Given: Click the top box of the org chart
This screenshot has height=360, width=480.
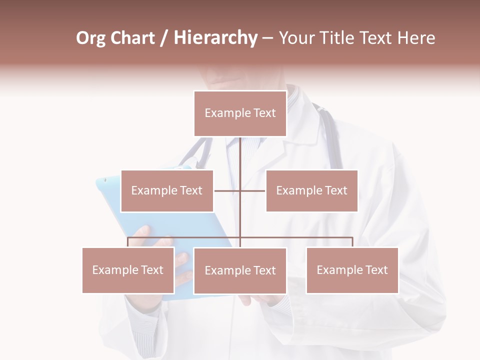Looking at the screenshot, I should pyautogui.click(x=240, y=113).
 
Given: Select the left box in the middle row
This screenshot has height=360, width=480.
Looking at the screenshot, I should pyautogui.click(x=167, y=190).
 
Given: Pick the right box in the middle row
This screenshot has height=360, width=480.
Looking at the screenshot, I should pyautogui.click(x=311, y=190).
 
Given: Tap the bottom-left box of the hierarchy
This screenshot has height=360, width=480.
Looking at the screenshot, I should pyautogui.click(x=128, y=270).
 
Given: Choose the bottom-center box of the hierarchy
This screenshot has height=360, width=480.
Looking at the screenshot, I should pyautogui.click(x=240, y=270).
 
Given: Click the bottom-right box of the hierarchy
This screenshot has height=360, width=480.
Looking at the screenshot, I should pyautogui.click(x=352, y=270).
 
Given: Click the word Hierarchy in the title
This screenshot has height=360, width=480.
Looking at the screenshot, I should pyautogui.click(x=215, y=38).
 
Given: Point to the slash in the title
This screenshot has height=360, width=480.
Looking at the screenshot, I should pyautogui.click(x=164, y=38).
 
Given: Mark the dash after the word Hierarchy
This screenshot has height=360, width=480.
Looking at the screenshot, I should pyautogui.click(x=267, y=38).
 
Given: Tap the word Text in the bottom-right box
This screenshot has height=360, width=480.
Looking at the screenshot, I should pyautogui.click(x=376, y=270).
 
